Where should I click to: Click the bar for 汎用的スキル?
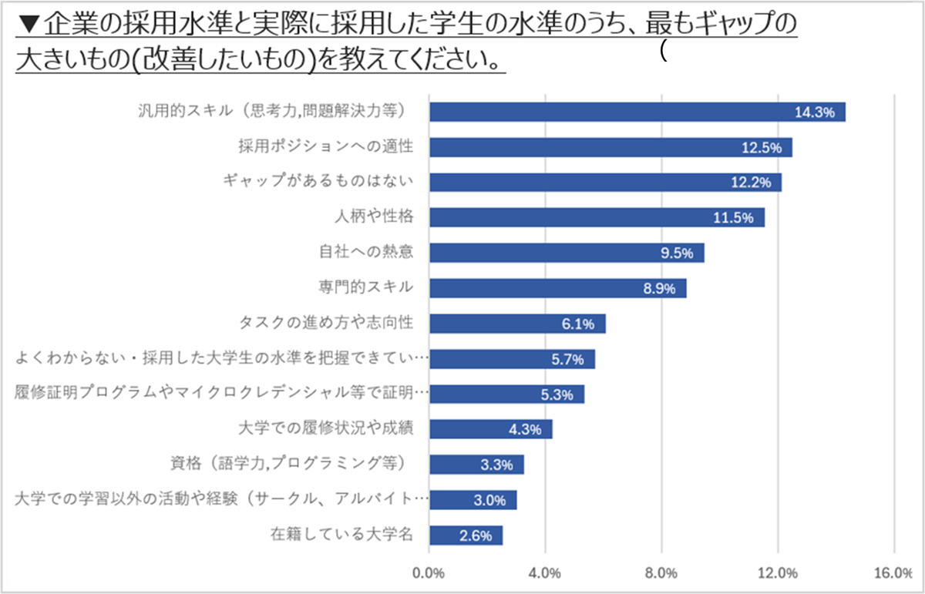[637, 112]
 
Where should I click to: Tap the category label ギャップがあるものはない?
[318, 181]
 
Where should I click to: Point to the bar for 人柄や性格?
[597, 217]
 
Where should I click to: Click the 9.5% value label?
[678, 253]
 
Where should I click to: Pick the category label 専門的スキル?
[366, 287]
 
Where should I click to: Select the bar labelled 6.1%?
[517, 324]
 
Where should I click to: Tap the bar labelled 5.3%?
[506, 394]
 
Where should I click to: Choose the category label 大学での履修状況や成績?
[327, 428]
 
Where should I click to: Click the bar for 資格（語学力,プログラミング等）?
[476, 465]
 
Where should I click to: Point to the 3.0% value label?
[489, 500]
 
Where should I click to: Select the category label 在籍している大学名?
[342, 534]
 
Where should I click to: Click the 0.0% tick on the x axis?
[429, 572]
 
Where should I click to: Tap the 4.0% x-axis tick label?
[545, 572]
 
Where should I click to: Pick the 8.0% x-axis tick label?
[661, 572]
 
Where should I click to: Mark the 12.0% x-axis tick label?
[777, 572]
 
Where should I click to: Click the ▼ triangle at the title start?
[26, 25]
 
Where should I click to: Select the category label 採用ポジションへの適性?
[326, 146]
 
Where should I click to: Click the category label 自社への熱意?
[366, 252]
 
